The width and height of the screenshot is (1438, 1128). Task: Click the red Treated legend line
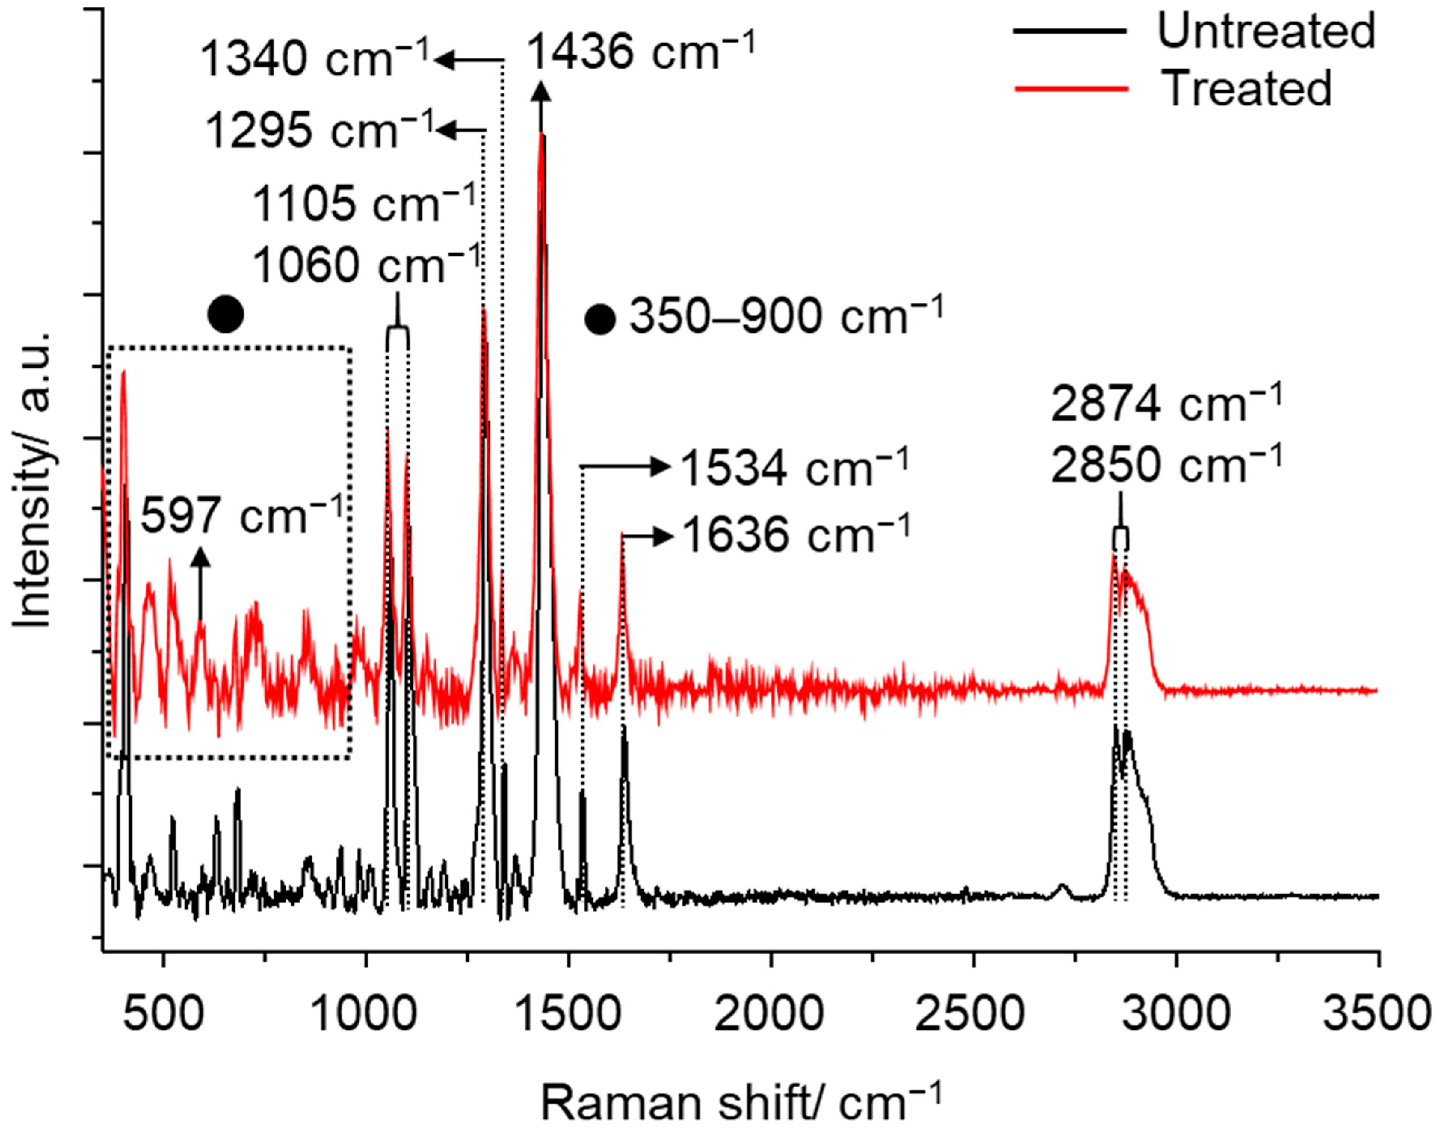click(1070, 88)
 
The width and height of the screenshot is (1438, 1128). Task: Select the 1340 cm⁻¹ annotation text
click(316, 58)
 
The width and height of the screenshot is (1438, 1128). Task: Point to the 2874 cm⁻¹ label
click(1166, 404)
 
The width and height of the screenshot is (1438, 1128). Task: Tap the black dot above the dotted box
click(225, 314)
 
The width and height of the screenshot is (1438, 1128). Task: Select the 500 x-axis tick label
click(163, 1013)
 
